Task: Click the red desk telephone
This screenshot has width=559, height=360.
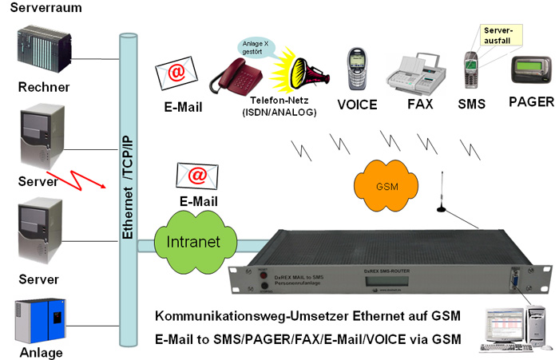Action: click(238, 78)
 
